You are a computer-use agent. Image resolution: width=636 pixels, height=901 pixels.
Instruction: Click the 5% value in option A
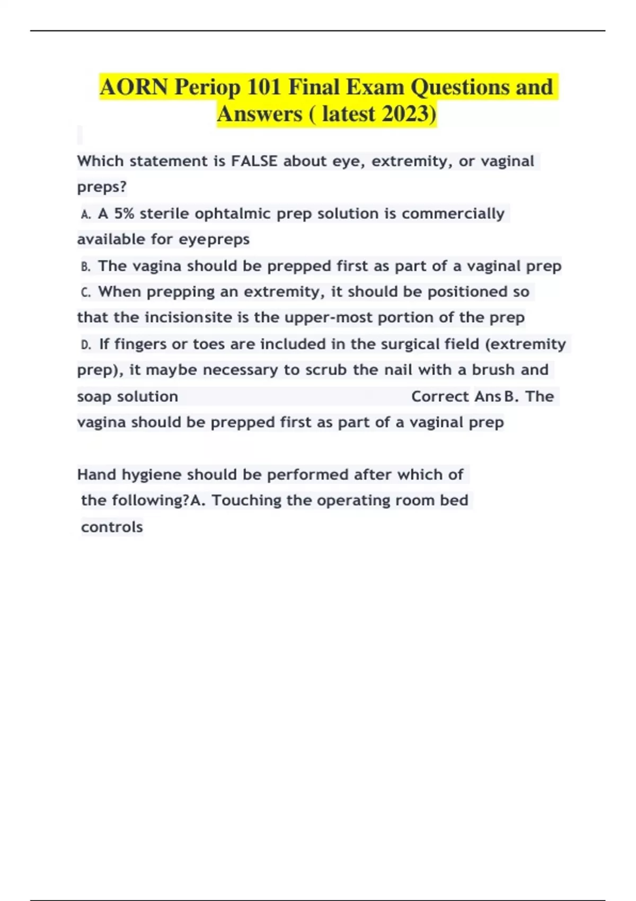(x=124, y=214)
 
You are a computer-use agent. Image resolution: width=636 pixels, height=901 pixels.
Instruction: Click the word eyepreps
(x=214, y=240)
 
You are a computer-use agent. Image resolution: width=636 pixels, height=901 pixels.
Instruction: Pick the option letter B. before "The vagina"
(x=86, y=266)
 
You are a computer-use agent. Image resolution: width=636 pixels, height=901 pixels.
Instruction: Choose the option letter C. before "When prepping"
(x=86, y=292)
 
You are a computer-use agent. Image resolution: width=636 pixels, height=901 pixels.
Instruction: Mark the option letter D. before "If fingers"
(x=86, y=344)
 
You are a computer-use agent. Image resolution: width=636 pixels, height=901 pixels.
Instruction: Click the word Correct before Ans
(x=440, y=396)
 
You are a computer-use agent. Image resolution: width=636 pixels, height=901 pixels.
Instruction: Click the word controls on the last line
(x=112, y=527)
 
